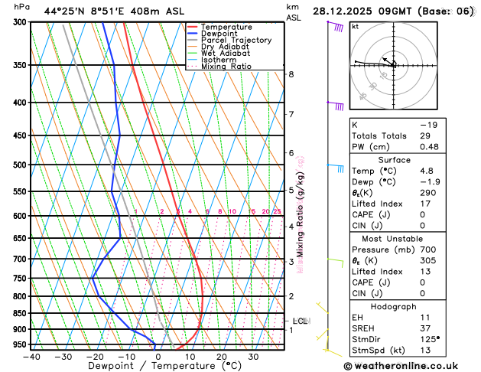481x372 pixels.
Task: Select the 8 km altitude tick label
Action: coord(291,74)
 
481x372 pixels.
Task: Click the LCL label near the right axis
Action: coord(300,321)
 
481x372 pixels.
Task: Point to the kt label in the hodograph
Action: coord(356,27)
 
